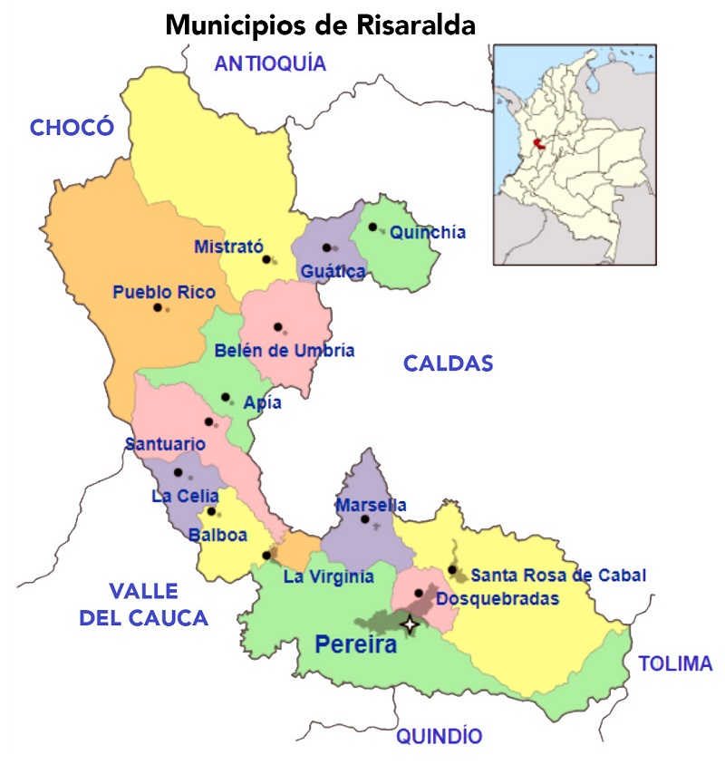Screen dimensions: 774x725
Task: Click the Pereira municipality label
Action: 356,646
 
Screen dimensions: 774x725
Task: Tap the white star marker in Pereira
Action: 411,624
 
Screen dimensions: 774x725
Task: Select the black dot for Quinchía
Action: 372,227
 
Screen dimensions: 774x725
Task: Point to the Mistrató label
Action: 228,247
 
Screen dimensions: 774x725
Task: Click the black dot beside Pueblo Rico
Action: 158,307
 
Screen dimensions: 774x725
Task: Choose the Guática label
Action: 333,271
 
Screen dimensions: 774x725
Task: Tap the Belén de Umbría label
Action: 285,351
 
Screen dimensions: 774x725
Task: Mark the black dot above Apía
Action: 226,397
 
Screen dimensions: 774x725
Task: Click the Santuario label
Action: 165,445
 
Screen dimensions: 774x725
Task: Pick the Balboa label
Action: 217,536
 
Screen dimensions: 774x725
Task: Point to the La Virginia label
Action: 328,576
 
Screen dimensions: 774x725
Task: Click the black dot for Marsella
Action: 365,519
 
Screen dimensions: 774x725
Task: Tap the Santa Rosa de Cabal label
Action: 558,575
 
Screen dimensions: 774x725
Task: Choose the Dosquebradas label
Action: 498,598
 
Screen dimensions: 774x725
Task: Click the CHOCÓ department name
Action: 72,127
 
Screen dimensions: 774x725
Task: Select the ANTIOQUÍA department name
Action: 270,63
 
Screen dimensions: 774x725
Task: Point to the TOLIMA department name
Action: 676,663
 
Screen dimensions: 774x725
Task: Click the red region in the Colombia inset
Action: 539,144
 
